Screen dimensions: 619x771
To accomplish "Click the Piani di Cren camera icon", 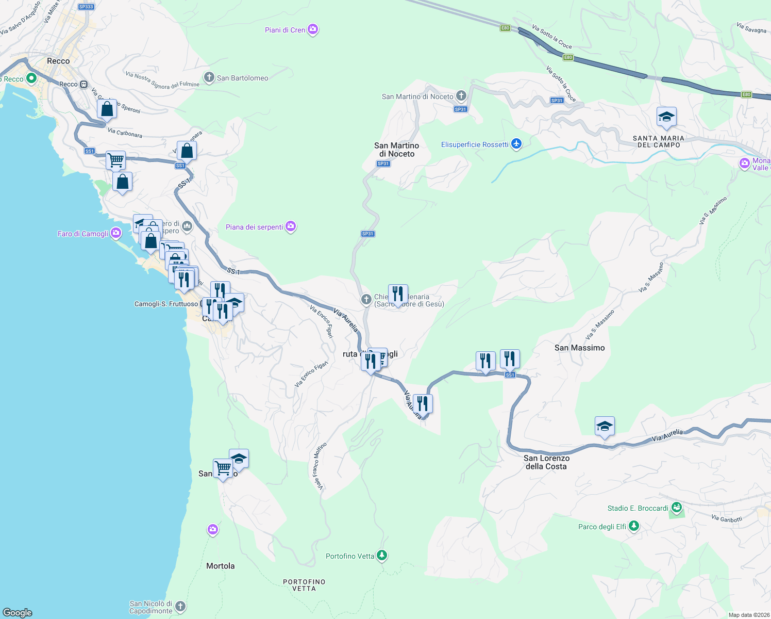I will (313, 29).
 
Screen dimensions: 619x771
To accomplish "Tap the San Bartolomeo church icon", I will (209, 78).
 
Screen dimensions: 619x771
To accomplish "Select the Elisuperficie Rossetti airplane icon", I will (516, 144).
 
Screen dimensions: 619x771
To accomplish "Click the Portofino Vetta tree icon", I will (382, 556).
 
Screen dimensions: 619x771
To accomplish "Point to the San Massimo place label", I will (579, 348).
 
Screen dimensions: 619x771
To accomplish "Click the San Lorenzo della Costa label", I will (546, 462).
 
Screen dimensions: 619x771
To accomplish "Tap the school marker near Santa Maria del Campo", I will (666, 118).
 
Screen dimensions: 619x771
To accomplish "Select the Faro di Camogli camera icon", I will (116, 233).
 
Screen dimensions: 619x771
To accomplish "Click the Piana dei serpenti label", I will (255, 227).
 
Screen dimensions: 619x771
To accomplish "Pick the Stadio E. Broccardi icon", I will (677, 508).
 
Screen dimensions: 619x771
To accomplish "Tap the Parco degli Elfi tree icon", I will (634, 526).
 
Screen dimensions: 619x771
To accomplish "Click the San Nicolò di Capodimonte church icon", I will (180, 607).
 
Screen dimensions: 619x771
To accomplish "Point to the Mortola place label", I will (220, 566).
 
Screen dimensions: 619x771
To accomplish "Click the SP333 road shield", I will (86, 7).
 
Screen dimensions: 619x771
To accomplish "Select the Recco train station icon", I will (83, 84).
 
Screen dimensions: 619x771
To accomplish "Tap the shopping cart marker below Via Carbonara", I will (116, 160).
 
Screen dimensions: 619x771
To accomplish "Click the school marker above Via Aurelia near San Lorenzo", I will (604, 426).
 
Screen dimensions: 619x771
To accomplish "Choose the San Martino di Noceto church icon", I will (461, 96).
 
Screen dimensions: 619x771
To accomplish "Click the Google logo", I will (18, 612).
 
